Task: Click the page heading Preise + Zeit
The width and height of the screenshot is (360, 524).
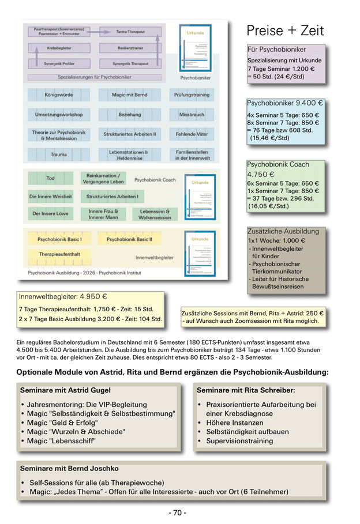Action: [x=285, y=31]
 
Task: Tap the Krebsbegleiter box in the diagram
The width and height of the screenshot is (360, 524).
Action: [x=59, y=48]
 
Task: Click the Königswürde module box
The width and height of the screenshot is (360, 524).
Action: [x=59, y=95]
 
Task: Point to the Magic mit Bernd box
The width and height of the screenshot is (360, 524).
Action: [x=130, y=95]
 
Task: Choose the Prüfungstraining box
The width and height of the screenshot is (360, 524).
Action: [x=192, y=95]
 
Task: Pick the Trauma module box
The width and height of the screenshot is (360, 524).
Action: [x=59, y=154]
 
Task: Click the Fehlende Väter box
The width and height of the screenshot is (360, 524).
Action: [x=192, y=134]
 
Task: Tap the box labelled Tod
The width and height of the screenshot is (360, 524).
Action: [x=51, y=178]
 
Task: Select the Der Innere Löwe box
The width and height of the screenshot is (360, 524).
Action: [x=51, y=213]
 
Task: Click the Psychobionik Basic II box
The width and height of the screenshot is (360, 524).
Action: [x=130, y=239]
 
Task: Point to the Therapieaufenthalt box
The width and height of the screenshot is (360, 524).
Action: [x=59, y=254]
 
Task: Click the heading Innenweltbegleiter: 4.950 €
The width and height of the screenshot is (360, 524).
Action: [x=63, y=297]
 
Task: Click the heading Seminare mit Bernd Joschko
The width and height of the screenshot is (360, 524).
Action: [x=69, y=468]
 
